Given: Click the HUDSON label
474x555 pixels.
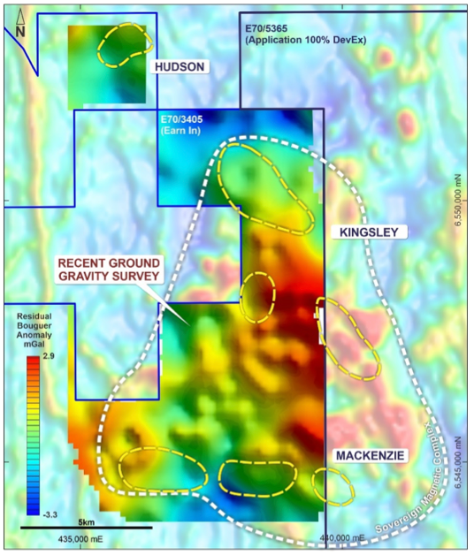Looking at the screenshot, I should pos(180,67).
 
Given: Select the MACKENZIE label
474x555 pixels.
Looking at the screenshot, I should pos(370,455).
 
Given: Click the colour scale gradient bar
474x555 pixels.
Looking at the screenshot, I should pos(34,432).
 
